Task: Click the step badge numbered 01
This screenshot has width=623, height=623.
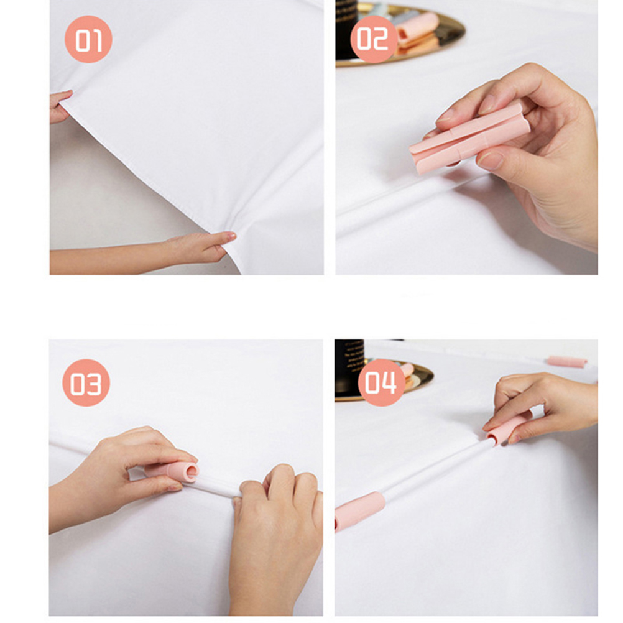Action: tap(88, 39)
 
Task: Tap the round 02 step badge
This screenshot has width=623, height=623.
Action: tap(374, 39)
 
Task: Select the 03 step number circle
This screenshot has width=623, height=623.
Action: tap(86, 382)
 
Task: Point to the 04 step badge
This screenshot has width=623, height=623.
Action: tap(381, 382)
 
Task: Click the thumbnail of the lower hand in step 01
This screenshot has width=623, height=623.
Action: tap(229, 238)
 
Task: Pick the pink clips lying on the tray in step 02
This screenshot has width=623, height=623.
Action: tap(417, 32)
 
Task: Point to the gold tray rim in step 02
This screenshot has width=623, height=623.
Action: tap(429, 52)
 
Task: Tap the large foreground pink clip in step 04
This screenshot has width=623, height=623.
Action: tap(359, 510)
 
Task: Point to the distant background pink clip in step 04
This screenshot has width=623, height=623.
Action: tap(566, 362)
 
